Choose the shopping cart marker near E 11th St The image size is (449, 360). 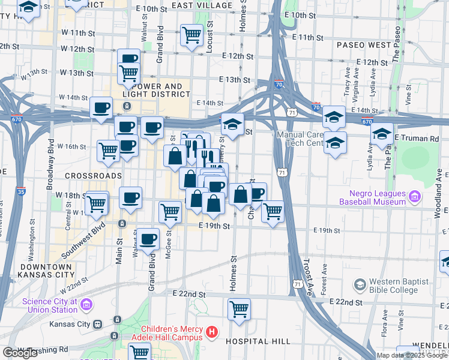pos(191,34)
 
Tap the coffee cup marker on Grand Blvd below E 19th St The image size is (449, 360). pos(148,239)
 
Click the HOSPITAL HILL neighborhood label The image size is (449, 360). pos(258,341)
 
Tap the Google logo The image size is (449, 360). pos(20,353)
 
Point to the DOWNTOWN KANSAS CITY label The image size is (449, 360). pos(46,270)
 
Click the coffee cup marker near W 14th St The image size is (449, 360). pos(101,108)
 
